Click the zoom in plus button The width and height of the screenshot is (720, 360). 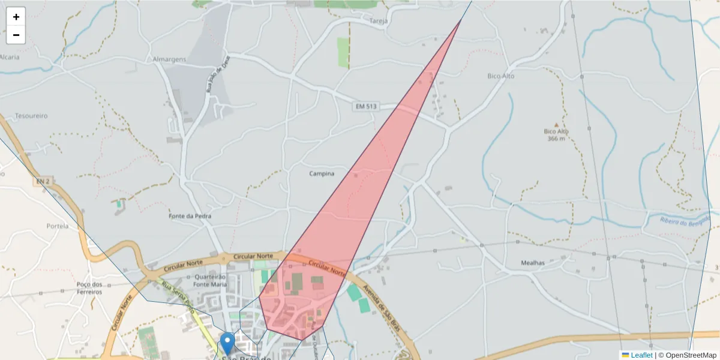(16, 17)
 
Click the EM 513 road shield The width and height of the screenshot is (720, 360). (365, 106)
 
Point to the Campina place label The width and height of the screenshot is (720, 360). (322, 174)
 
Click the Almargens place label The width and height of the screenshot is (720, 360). (169, 59)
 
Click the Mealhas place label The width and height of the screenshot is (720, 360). (533, 263)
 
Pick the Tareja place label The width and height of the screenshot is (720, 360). (380, 21)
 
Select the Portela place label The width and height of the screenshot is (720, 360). (58, 226)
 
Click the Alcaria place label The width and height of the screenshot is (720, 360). (9, 57)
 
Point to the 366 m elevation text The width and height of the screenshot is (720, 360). (556, 139)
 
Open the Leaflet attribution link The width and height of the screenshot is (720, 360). (641, 355)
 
